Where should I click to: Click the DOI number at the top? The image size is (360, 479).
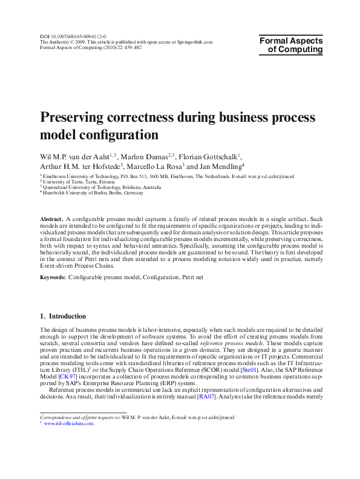[72, 36]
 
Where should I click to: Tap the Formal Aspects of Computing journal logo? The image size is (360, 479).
[291, 45]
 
